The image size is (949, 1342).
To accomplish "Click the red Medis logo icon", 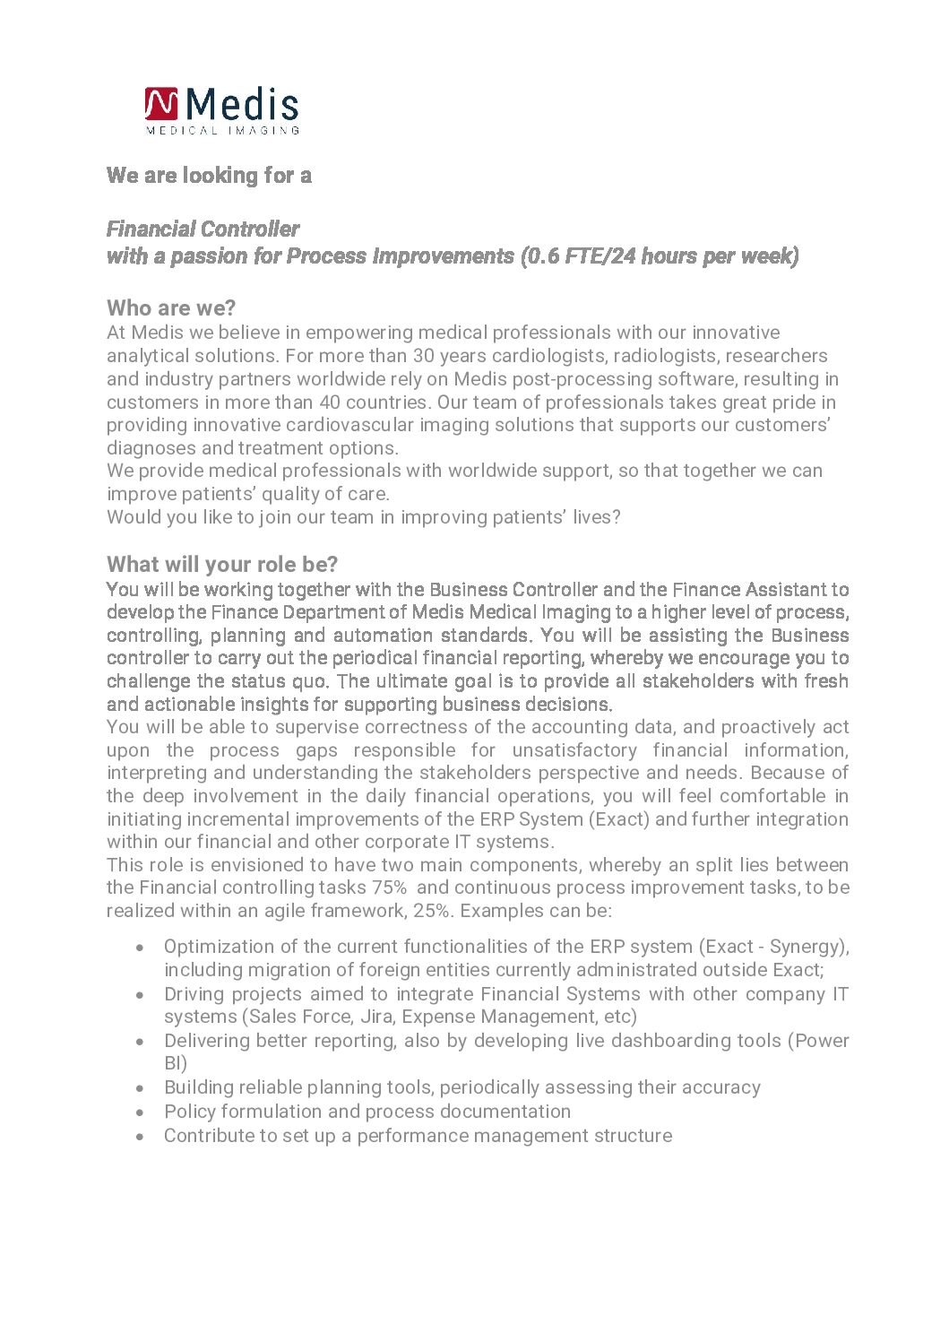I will click(x=161, y=104).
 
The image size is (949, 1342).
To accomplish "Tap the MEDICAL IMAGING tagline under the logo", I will click(x=222, y=130).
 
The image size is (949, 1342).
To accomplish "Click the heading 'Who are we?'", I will click(x=171, y=308).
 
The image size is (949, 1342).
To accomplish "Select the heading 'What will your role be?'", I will click(x=222, y=565).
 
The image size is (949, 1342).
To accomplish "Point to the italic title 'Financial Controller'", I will click(x=203, y=229).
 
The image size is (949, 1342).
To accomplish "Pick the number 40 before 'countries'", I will click(x=331, y=403).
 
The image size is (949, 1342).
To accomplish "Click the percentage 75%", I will click(x=389, y=887).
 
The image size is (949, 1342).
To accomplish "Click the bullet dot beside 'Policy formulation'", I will click(x=140, y=1113).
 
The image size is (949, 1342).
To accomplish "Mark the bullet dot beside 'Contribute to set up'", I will click(x=140, y=1137).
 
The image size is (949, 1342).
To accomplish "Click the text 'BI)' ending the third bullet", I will click(x=176, y=1064).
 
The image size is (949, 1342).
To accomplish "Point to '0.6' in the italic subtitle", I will click(x=542, y=256).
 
